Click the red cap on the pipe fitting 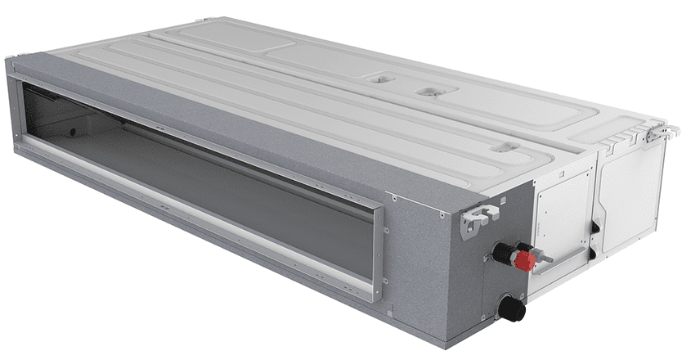click(524, 261)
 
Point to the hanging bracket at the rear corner click(659, 129)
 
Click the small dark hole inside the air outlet click(73, 131)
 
